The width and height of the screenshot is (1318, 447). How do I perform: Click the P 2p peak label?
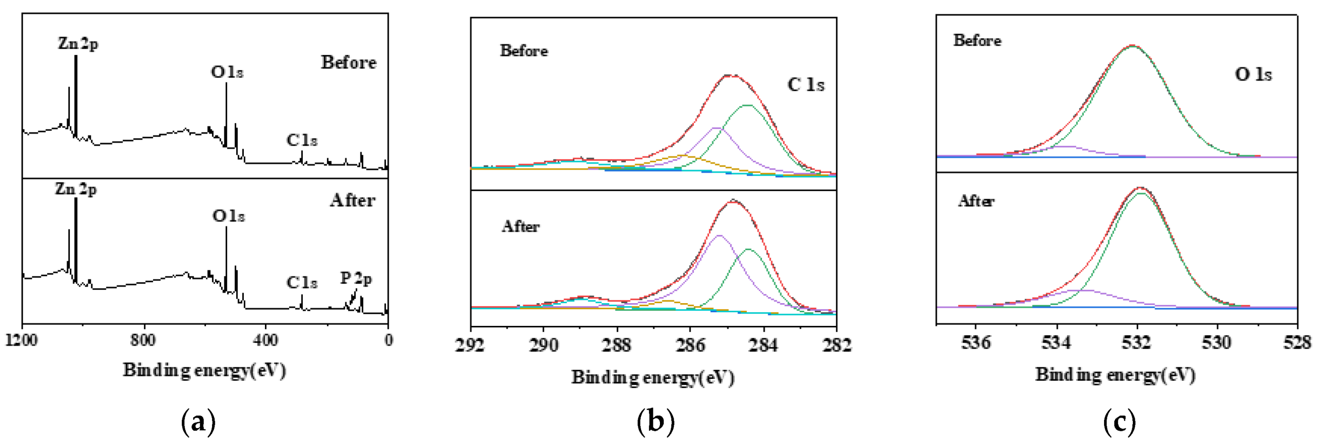356,279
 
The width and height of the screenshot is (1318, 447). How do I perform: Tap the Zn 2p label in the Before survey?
78,44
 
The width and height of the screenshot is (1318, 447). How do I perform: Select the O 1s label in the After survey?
228,216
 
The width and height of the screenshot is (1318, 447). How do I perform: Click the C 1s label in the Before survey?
302,140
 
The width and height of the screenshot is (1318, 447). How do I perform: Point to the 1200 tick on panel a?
21,340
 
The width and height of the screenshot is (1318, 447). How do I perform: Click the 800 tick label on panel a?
143,340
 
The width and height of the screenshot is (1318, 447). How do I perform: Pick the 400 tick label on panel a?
265,340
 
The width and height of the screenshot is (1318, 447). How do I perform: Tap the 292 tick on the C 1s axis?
470,345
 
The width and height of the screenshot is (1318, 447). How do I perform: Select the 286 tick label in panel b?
690,345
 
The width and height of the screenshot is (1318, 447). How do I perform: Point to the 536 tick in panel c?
976,342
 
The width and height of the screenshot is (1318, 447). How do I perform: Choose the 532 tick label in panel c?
1137,342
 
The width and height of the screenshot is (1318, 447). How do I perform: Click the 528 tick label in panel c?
1297,342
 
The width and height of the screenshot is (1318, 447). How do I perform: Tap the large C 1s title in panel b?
806,85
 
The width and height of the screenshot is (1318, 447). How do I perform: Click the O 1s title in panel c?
1253,74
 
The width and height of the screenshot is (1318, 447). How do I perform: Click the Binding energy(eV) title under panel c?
1115,375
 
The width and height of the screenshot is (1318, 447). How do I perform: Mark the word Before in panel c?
977,41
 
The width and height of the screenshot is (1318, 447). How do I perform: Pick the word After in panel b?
520,226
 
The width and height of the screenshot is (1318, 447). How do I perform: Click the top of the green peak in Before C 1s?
747,105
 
